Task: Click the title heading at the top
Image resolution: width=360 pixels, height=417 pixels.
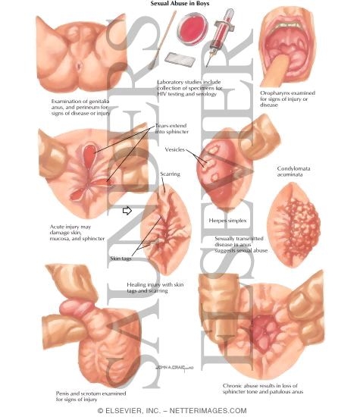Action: tap(180, 4)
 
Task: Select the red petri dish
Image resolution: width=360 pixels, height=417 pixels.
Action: tap(193, 28)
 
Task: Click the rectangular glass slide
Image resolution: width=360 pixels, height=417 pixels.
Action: tap(180, 59)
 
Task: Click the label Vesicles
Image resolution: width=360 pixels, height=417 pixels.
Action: tap(174, 149)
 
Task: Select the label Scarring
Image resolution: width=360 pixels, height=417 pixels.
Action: tap(171, 174)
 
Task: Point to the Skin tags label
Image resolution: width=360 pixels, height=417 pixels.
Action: tap(121, 259)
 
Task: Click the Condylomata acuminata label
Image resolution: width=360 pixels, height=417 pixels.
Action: tap(293, 171)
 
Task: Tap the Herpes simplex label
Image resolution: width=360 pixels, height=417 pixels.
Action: tap(227, 221)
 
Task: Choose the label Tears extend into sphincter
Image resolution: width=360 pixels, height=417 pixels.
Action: tap(172, 129)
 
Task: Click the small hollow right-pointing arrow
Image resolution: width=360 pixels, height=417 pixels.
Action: tap(127, 211)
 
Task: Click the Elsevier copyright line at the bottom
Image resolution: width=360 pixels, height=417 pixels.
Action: tap(172, 411)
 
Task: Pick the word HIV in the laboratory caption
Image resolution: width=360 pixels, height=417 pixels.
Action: tap(161, 94)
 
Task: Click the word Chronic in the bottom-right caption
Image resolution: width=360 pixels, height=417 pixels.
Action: tap(233, 386)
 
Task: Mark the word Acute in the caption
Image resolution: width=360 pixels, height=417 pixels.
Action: tap(57, 227)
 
